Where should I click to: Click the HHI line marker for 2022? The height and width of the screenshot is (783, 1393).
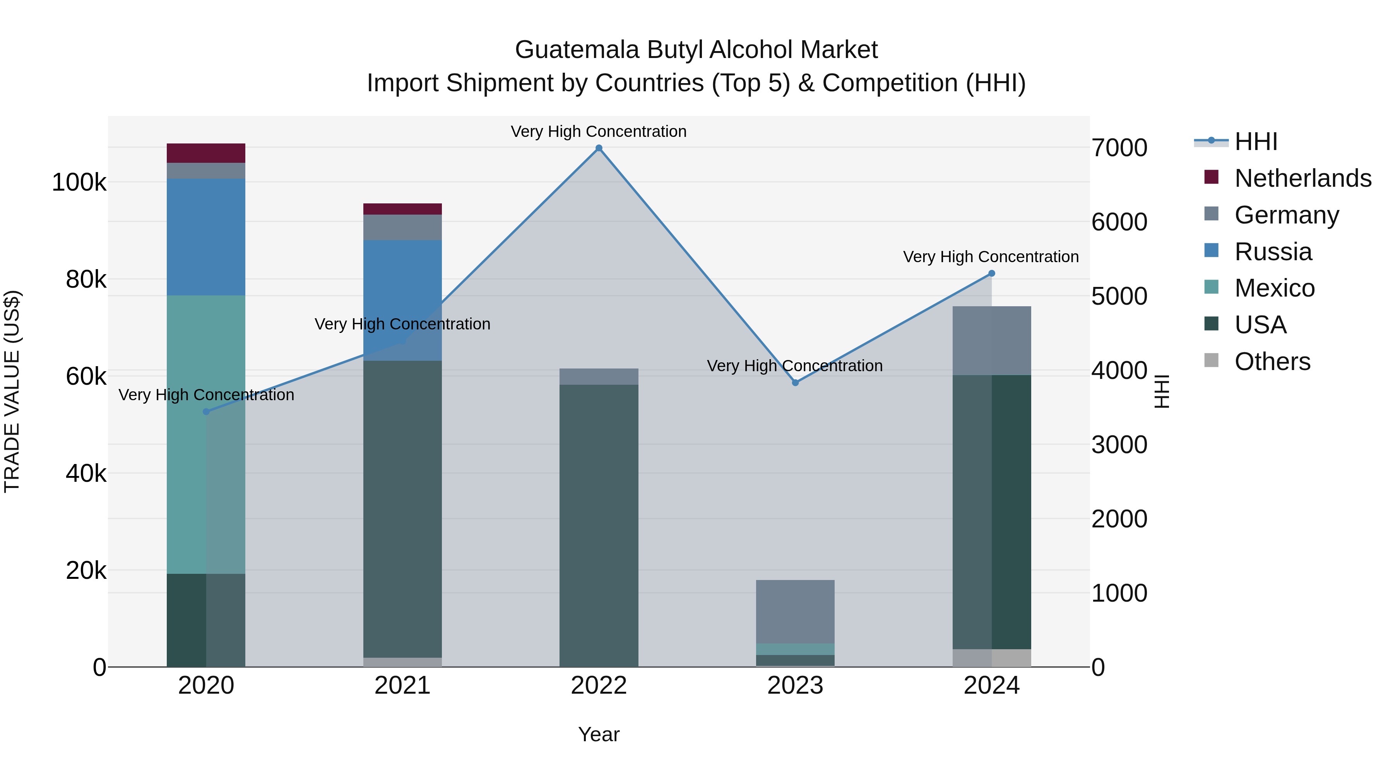tap(599, 148)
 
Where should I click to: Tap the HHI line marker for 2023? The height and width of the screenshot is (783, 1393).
tap(795, 382)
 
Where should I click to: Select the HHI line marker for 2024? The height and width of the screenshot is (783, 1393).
tap(991, 273)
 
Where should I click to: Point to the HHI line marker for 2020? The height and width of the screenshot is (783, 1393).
tap(206, 412)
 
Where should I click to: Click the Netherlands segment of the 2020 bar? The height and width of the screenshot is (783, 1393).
tap(206, 153)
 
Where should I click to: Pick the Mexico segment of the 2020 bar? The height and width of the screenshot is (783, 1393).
tap(187, 432)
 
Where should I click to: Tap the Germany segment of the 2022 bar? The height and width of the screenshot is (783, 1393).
tap(599, 377)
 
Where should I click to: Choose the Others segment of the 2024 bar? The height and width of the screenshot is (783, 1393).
tap(991, 658)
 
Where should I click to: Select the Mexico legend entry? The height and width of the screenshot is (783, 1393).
tap(1274, 288)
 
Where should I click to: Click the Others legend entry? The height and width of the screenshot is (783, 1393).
tap(1272, 362)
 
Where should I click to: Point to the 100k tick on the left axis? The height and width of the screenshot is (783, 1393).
tap(79, 183)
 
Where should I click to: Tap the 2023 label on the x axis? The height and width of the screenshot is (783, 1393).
tap(795, 686)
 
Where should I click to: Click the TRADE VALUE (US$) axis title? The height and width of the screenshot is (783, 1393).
tap(12, 391)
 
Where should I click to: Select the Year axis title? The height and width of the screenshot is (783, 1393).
tap(599, 734)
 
